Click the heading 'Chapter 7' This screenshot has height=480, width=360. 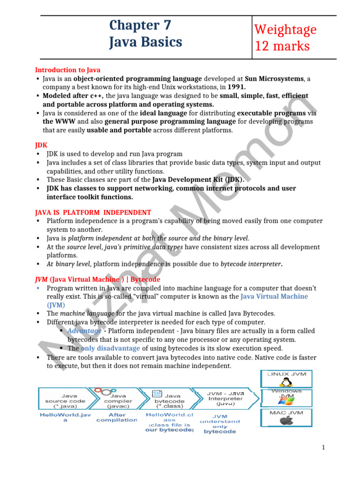[140, 25]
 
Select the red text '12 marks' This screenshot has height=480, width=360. [282, 46]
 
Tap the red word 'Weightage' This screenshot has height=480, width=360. [285, 30]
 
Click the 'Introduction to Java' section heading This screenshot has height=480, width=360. [67, 70]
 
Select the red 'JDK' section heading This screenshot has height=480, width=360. [41, 145]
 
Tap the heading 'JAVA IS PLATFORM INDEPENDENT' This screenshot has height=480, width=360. [93, 212]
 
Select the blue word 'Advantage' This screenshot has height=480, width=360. [84, 331]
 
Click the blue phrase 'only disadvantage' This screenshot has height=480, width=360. [110, 348]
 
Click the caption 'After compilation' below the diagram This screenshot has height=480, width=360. [117, 417]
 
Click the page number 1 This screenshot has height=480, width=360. [323, 448]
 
